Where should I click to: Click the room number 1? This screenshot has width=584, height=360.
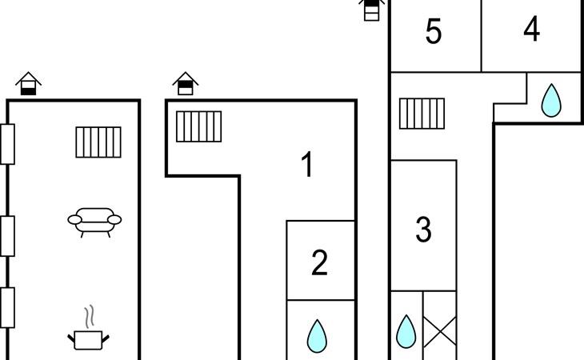(307, 164)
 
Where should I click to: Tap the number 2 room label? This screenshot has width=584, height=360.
(319, 263)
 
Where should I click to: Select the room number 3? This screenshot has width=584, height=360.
(423, 230)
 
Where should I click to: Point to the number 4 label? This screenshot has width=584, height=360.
(532, 28)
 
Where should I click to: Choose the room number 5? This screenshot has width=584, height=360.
(434, 31)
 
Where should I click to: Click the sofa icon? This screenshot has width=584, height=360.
(94, 222)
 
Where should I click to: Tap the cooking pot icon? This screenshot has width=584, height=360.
(88, 340)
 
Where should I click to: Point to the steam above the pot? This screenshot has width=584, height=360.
(89, 317)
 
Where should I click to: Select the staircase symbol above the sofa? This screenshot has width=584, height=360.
(98, 142)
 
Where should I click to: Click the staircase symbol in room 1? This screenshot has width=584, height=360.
(199, 126)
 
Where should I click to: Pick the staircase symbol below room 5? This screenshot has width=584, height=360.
(422, 114)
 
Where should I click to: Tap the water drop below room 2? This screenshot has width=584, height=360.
(317, 336)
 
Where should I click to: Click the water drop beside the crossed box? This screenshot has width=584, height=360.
(406, 331)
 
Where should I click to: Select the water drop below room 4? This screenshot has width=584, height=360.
(551, 100)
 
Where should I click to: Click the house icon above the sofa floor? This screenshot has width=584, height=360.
(28, 83)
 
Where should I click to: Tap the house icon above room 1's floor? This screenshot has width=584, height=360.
(186, 83)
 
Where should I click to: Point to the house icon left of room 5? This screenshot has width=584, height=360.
(371, 10)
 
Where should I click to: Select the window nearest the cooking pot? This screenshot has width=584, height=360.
(7, 307)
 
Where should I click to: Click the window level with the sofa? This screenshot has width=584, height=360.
(7, 236)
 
